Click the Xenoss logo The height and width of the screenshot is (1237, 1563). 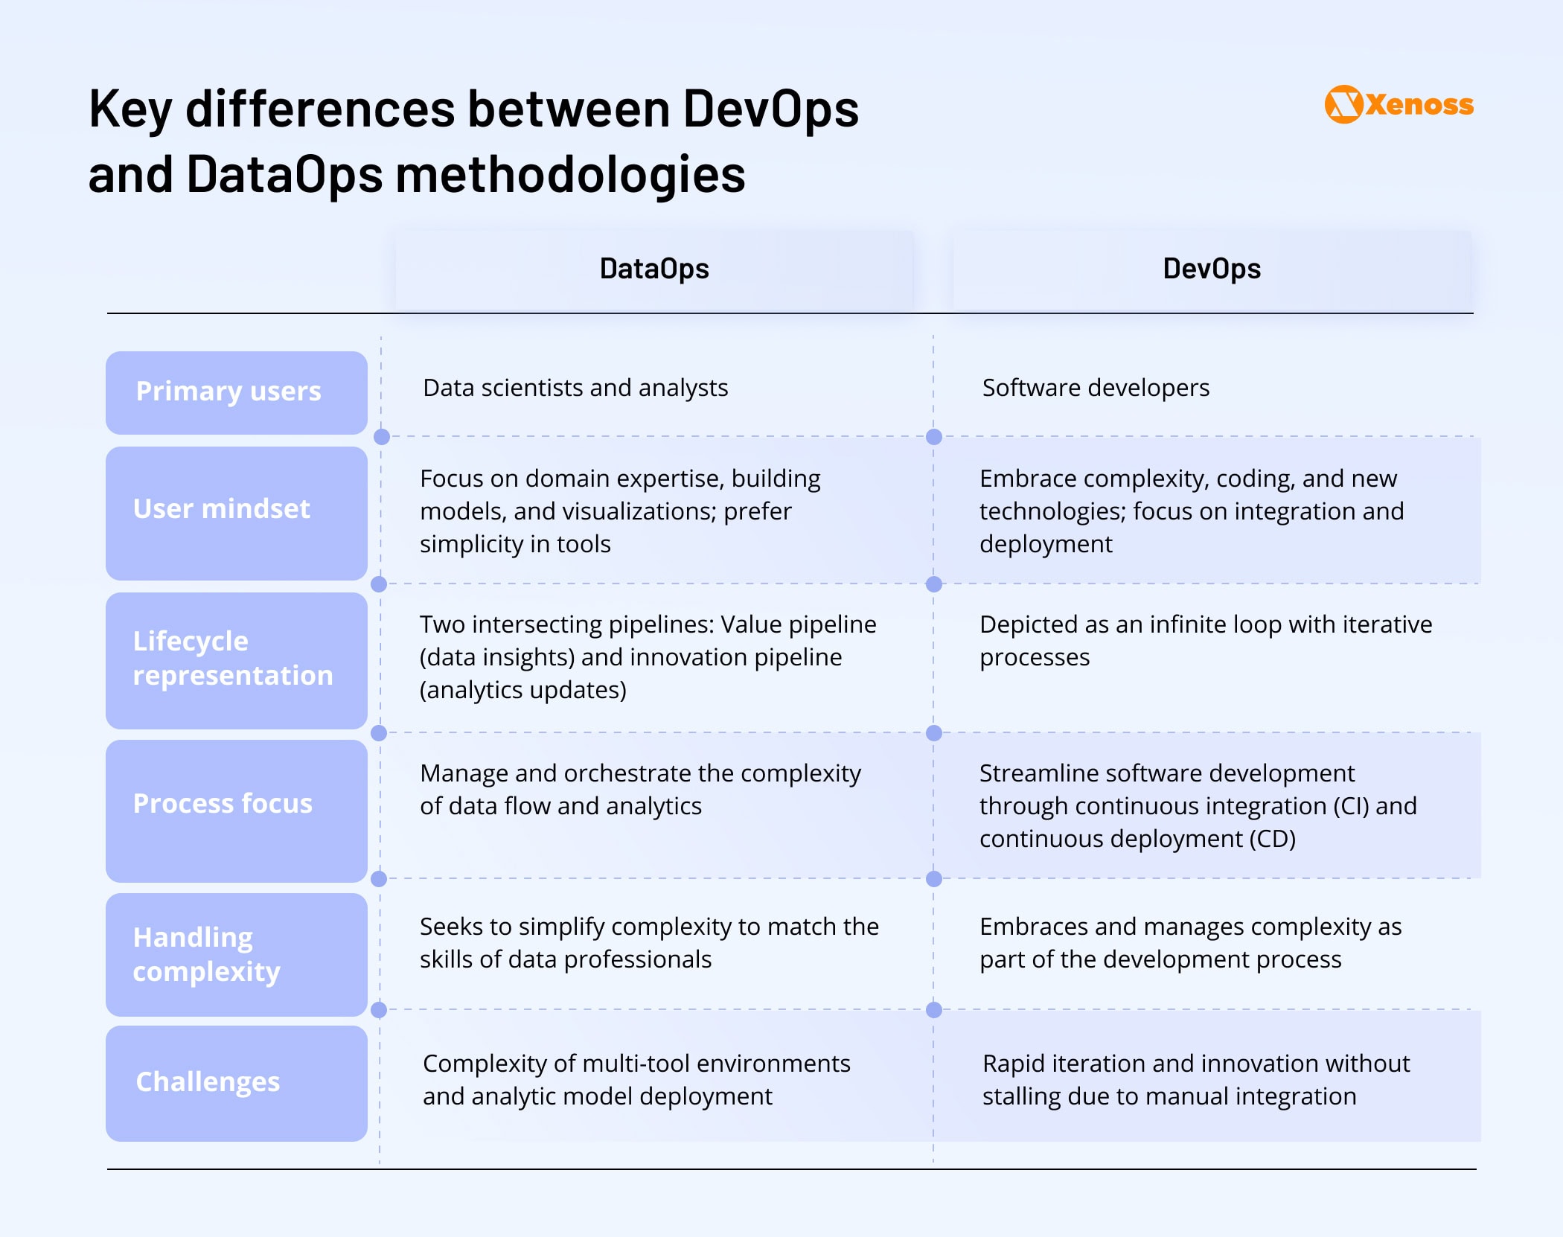click(1399, 104)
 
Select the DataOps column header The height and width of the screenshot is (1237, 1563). click(654, 269)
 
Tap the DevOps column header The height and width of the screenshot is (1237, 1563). click(1212, 269)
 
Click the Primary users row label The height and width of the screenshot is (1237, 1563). click(237, 392)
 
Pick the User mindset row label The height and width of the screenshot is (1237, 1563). click(237, 513)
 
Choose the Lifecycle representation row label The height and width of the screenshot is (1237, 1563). click(237, 660)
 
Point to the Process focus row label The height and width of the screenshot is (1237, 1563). click(237, 811)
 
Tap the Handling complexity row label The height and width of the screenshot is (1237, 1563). click(237, 954)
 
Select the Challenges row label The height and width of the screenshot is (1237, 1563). click(237, 1083)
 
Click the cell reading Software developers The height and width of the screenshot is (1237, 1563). click(1096, 388)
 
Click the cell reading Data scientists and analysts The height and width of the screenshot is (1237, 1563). click(575, 388)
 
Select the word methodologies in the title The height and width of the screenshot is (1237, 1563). click(570, 175)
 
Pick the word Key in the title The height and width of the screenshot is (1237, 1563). click(130, 110)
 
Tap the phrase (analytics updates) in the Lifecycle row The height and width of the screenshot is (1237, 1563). click(523, 690)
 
